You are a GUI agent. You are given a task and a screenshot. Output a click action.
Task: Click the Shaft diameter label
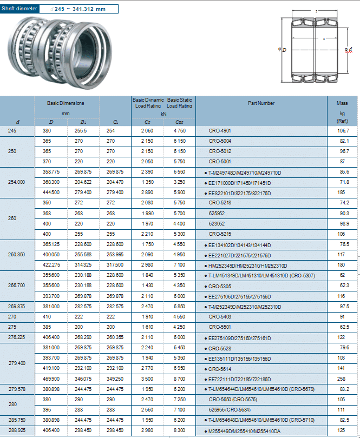coord(19,8)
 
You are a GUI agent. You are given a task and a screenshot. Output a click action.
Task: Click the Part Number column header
coord(261,103)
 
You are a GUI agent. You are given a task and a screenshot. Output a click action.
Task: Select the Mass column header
coord(342,103)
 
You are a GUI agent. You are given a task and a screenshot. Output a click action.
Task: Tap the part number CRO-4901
coord(220,131)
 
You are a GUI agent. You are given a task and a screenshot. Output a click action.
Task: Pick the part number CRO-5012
coord(220,151)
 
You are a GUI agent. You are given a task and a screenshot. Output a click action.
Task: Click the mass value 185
coord(342,192)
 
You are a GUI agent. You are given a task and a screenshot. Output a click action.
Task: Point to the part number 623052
coord(217,223)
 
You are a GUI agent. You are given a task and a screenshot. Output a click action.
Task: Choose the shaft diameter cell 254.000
coord(17,182)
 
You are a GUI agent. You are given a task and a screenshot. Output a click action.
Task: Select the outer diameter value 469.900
coord(51,379)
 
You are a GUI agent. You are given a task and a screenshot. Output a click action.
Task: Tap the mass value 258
coord(342,379)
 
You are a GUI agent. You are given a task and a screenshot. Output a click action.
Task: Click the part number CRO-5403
coord(220,316)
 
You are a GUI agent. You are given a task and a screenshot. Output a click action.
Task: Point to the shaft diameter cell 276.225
coord(17,337)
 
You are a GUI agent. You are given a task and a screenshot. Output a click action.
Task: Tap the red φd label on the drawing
coord(349,50)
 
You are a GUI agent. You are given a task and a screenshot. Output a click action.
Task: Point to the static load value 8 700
coord(180,379)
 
